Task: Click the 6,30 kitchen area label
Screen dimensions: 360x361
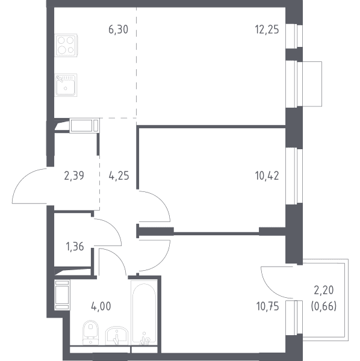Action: pos(118,30)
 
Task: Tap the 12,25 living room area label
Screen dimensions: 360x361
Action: pos(267,30)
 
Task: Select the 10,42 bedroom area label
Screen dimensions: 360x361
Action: pos(267,176)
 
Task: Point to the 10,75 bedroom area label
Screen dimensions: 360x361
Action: pos(267,306)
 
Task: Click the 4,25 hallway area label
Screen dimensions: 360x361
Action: pos(119,176)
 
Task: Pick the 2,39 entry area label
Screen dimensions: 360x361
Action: pos(74,176)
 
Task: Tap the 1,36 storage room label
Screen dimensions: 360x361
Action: pos(75,247)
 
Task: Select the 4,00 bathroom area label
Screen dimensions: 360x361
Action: pos(101,306)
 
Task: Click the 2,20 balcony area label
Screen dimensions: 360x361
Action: pos(324,291)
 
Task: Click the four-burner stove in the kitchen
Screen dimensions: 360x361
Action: pos(66,45)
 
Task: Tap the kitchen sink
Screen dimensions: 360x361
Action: pos(66,85)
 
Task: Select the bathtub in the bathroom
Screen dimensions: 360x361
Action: pos(144,312)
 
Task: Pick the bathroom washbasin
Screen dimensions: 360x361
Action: pos(117,336)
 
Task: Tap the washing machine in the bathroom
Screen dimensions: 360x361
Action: pos(62,295)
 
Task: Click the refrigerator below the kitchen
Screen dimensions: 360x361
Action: pos(84,125)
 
